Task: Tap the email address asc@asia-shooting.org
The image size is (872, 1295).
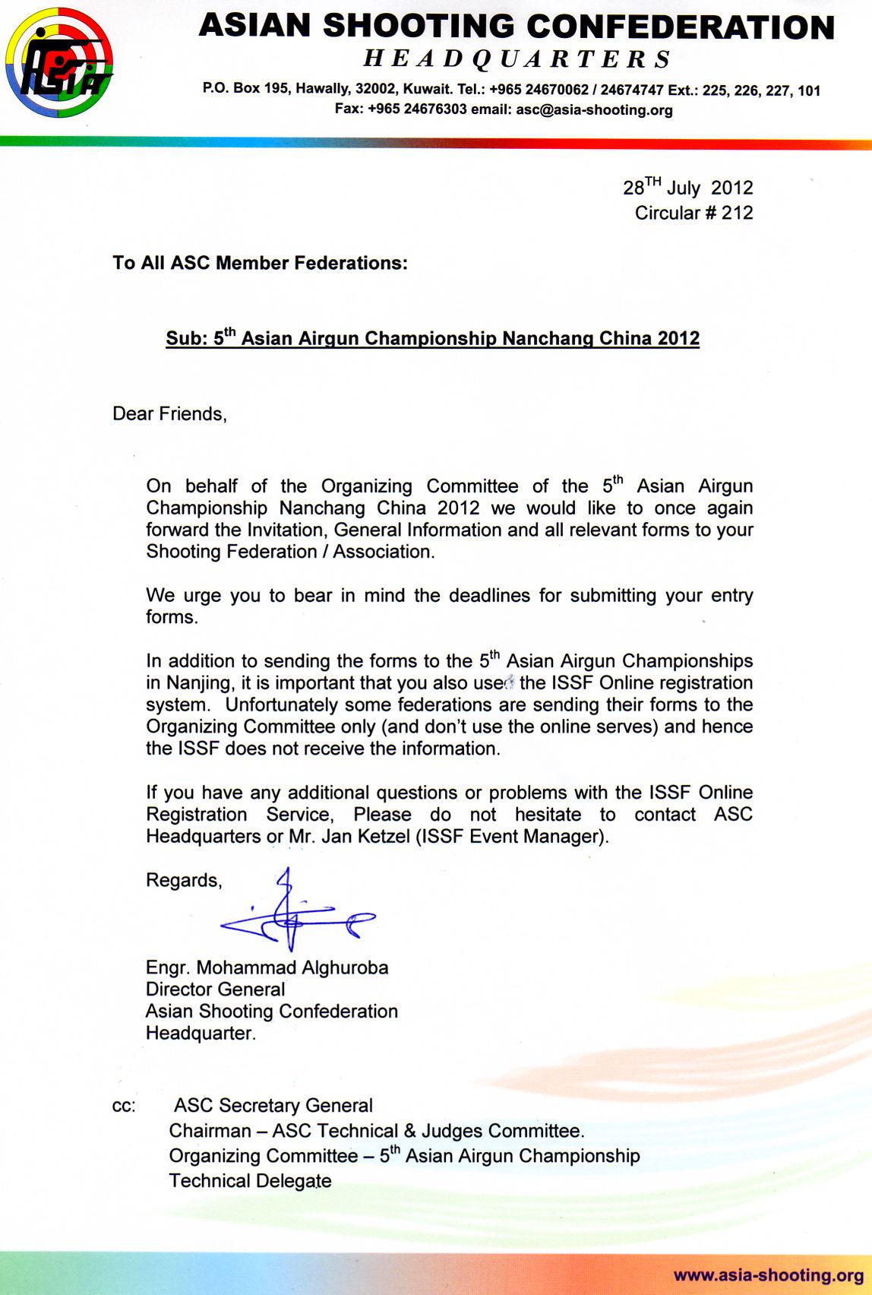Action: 594,110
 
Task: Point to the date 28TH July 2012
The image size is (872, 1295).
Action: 688,188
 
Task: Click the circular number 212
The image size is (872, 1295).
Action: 737,213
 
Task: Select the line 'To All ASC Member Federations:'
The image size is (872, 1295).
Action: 260,264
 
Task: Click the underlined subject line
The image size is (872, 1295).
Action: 432,338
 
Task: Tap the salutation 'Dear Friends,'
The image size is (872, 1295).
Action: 169,414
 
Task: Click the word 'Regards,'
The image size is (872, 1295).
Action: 184,881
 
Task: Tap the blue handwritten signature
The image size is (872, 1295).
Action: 296,912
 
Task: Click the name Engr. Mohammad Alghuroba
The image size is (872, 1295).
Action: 267,968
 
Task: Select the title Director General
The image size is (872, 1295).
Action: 215,989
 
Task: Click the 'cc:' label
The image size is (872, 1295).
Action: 124,1107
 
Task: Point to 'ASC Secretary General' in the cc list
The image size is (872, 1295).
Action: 273,1106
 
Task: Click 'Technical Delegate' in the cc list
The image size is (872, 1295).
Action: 250,1181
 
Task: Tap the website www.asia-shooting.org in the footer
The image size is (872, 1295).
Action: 768,1275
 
